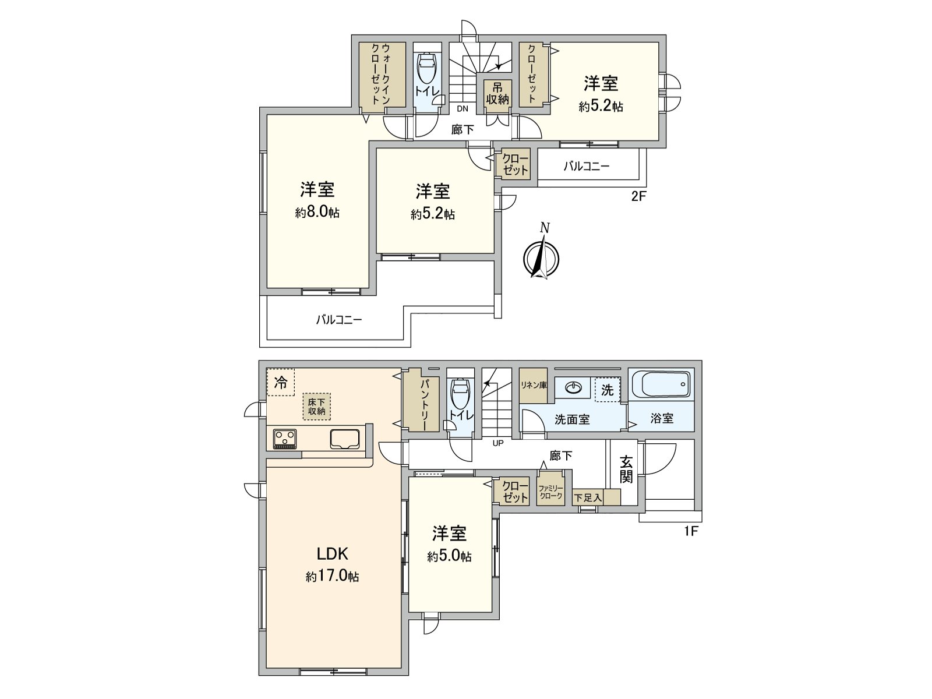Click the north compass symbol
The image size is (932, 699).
pyautogui.click(x=541, y=257)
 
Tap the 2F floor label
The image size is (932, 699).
pyautogui.click(x=639, y=196)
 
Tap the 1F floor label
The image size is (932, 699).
pyautogui.click(x=691, y=531)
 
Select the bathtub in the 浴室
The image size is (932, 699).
pyautogui.click(x=661, y=384)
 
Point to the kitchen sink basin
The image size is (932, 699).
pyautogui.click(x=345, y=439)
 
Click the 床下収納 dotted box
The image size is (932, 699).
pyautogui.click(x=316, y=407)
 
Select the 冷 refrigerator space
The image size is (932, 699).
pyautogui.click(x=280, y=382)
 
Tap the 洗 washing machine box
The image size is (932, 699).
pyautogui.click(x=607, y=390)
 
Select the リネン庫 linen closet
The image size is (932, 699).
pyautogui.click(x=534, y=386)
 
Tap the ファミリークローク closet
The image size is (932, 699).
pyautogui.click(x=550, y=492)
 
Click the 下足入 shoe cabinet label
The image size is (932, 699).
pyautogui.click(x=587, y=498)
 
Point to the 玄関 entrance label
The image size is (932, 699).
pyautogui.click(x=626, y=469)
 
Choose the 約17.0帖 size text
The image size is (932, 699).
pyautogui.click(x=333, y=577)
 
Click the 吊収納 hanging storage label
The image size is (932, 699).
pyautogui.click(x=497, y=94)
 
